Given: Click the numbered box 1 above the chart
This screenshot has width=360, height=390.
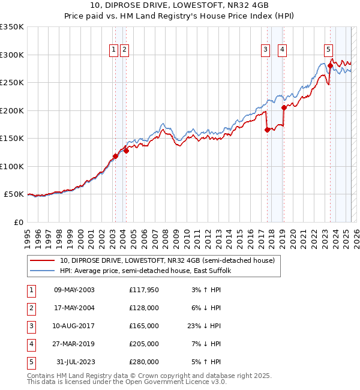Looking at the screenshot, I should pos(113,50).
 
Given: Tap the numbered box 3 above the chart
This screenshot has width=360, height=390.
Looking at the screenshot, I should pos(265,50).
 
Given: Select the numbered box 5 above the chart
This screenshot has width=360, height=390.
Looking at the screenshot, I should pos(328,50).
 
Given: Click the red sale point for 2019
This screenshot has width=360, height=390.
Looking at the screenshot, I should pos(284,108).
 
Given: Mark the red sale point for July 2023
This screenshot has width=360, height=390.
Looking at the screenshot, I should pos(330,67).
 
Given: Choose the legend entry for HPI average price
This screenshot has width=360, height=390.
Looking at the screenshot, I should pos(149,271).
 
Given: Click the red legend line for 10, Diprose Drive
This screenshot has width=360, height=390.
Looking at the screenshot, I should pos(42,261).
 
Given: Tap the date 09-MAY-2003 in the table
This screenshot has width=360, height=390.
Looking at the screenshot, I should pos(74,290).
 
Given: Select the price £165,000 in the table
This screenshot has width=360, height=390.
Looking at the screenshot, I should pos(143,326).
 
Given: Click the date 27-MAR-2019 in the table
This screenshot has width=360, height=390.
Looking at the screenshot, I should pos(74,344).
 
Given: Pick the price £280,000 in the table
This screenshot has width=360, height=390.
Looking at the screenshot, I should pos(143,362).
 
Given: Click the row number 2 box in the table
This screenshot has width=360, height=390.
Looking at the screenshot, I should pos(30,308).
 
